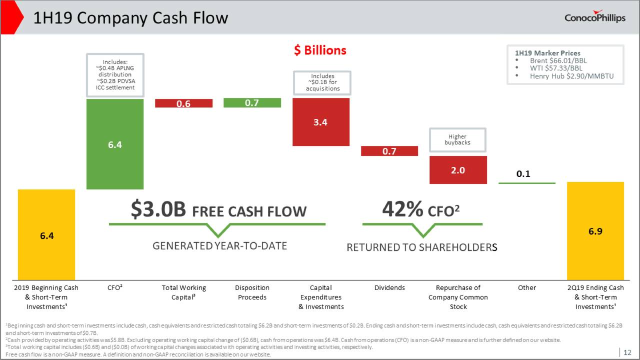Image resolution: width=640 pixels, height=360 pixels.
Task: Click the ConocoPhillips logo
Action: pyautogui.click(x=594, y=17)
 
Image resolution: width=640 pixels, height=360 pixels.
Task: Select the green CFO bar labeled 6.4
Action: pyautogui.click(x=115, y=144)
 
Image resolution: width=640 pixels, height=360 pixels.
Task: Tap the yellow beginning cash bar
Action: pyautogui.click(x=46, y=234)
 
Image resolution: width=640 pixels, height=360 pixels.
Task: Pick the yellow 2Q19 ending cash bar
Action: pyautogui.click(x=595, y=231)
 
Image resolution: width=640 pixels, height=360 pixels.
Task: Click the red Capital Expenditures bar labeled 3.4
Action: pyautogui.click(x=320, y=122)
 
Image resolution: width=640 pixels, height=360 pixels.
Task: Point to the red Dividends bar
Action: pyautogui.click(x=389, y=151)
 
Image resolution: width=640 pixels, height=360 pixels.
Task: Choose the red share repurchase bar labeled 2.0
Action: pyautogui.click(x=457, y=170)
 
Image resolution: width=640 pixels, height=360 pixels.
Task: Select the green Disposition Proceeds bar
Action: pyautogui.click(x=252, y=102)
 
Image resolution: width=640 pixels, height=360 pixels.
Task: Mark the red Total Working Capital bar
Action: pyautogui.click(x=183, y=103)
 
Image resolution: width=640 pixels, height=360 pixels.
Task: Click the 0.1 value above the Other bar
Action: pyautogui.click(x=523, y=174)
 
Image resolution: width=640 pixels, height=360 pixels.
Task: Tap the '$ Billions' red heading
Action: pyautogui.click(x=320, y=50)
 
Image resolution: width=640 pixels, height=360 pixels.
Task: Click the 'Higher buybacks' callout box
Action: pyautogui.click(x=457, y=139)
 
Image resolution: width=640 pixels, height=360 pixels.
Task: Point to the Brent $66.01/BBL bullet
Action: pyautogui.click(x=558, y=60)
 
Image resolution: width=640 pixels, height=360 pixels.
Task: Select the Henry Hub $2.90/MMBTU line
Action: pyautogui.click(x=571, y=76)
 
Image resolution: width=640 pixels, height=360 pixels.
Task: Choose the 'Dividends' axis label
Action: pyautogui.click(x=389, y=287)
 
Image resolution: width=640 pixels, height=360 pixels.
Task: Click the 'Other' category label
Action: pyautogui.click(x=526, y=287)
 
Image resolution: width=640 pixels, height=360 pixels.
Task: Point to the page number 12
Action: pyautogui.click(x=627, y=352)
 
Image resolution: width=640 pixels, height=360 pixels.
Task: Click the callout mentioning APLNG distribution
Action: pyautogui.click(x=115, y=74)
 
